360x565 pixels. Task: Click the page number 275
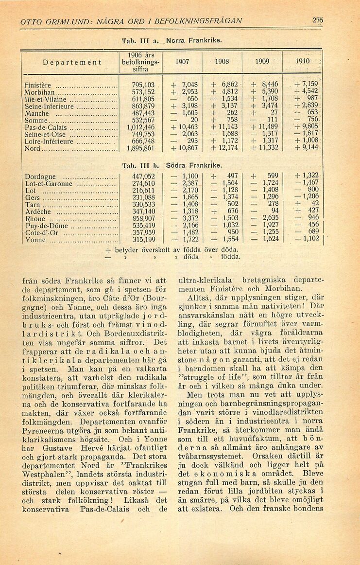(318, 20)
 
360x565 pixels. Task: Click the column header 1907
(183, 63)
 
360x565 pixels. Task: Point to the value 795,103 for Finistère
(143, 85)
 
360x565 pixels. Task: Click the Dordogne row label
(40, 177)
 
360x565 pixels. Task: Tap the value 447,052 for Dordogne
(143, 176)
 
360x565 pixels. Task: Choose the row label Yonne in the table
(35, 240)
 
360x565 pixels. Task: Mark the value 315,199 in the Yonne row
(143, 239)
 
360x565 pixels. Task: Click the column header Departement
(71, 63)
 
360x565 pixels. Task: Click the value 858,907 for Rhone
(143, 218)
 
